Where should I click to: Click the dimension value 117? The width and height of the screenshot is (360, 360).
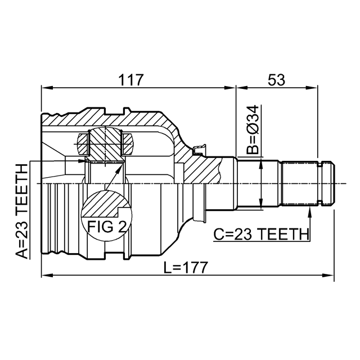coord(130,80)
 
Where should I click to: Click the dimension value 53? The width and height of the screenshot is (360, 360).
coord(276,80)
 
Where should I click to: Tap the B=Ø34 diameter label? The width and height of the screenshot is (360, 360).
coord(253,130)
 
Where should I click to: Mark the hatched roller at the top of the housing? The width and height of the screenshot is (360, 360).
coord(105,143)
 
